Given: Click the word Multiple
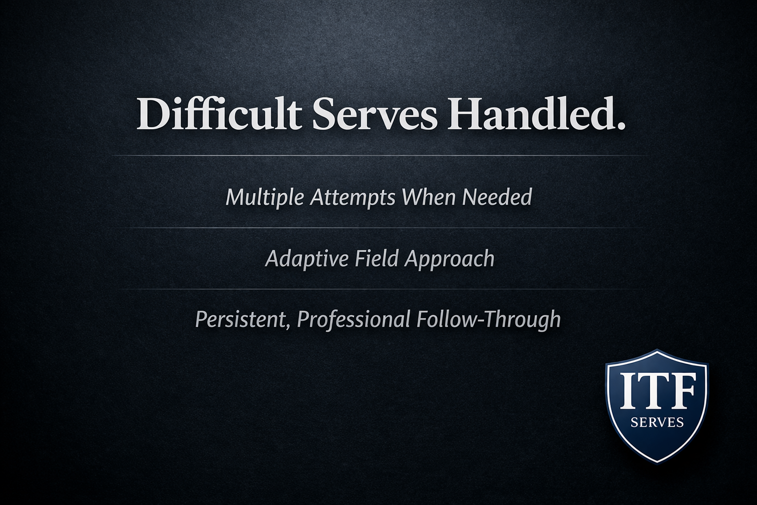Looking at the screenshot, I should tap(265, 198).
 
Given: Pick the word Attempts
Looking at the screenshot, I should tap(352, 198).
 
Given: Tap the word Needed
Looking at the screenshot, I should tap(497, 198).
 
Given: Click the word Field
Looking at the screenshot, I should tap(377, 258).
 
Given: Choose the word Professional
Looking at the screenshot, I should tap(353, 319).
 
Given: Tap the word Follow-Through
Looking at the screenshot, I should tap(488, 319).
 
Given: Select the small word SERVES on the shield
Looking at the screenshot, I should tap(657, 423).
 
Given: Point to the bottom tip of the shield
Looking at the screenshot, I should tap(657, 462).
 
